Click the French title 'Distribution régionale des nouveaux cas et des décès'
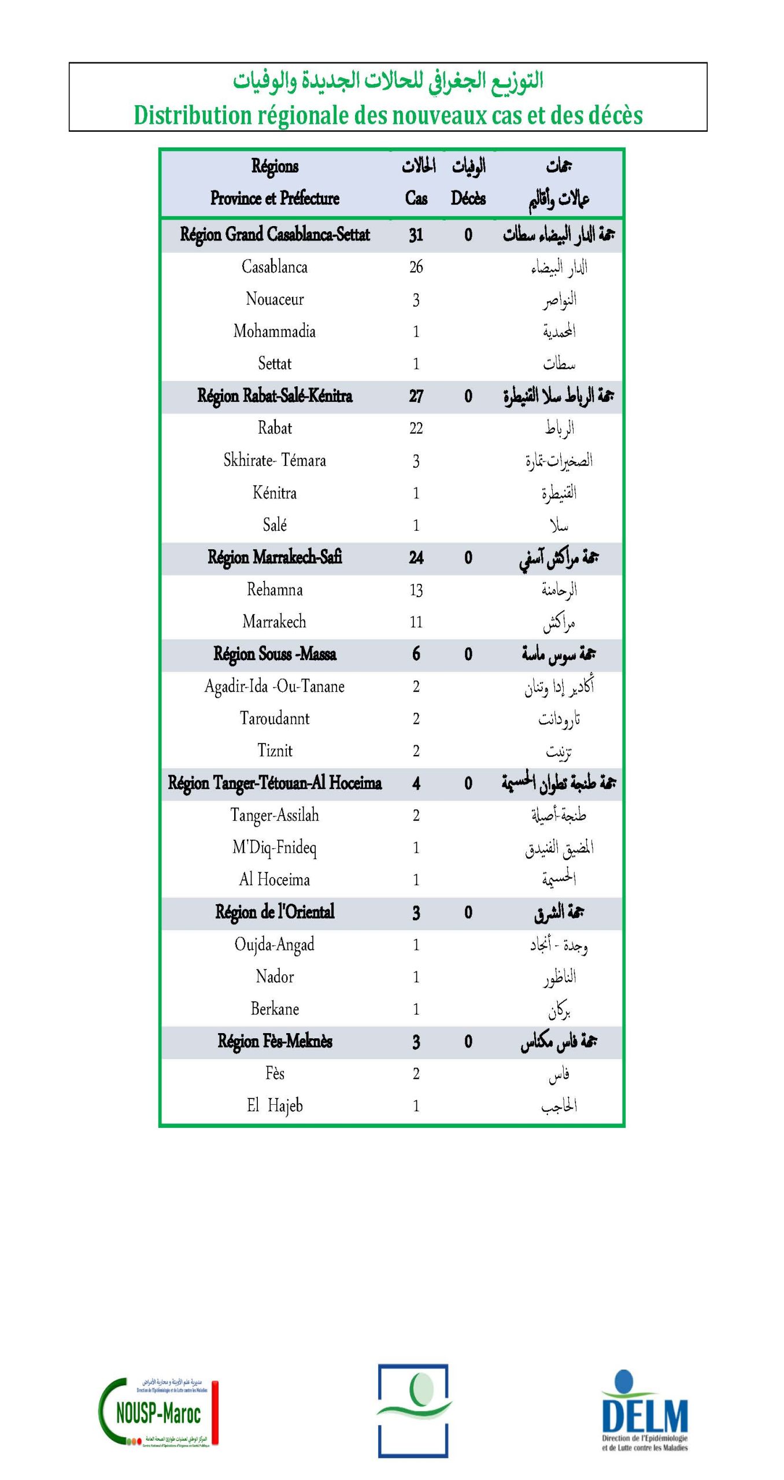388,115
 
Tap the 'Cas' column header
416,198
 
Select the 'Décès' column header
468,198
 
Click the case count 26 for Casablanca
416,267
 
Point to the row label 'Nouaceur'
275,299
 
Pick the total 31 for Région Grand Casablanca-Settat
416,235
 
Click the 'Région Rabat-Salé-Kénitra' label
275,396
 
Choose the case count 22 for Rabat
416,428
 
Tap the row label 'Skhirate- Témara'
275,460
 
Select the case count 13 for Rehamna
416,590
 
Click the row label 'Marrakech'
275,622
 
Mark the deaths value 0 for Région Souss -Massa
468,654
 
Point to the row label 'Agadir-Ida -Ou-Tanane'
275,686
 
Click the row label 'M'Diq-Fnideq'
275,848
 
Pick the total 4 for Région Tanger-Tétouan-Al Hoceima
416,783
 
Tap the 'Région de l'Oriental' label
275,912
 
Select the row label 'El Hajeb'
275,1106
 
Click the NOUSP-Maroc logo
158,1412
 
